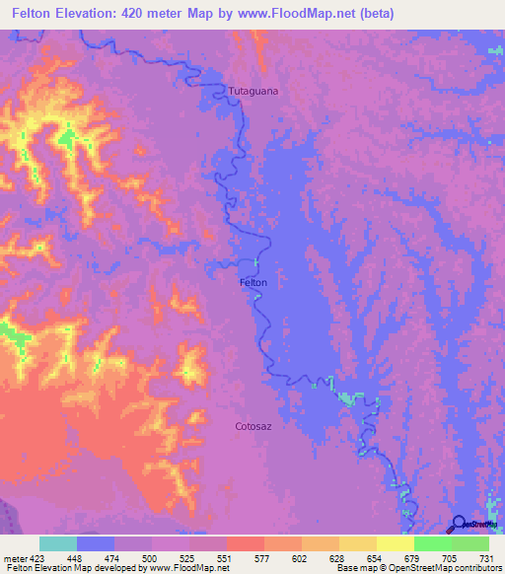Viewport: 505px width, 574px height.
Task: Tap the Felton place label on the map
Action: pyautogui.click(x=253, y=282)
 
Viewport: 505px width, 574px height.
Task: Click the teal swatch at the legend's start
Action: pyautogui.click(x=58, y=542)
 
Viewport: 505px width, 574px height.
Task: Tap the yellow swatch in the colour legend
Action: pyautogui.click(x=396, y=542)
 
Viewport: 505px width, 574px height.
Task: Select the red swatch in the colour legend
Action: pyautogui.click(x=246, y=542)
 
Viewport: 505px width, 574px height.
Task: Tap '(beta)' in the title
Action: pyautogui.click(x=377, y=14)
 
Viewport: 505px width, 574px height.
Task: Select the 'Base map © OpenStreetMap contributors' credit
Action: pyautogui.click(x=413, y=568)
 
